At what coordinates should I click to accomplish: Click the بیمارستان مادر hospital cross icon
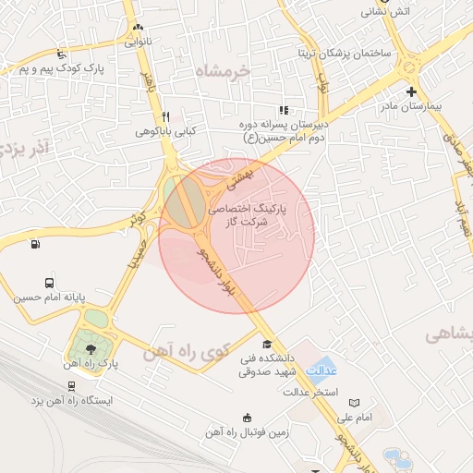pos(411,91)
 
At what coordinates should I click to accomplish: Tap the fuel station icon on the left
pos(35,245)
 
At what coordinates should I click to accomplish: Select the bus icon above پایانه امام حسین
pos(49,284)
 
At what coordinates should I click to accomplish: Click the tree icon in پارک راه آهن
pos(90,348)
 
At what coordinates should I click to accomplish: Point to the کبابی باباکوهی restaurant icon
pos(165,116)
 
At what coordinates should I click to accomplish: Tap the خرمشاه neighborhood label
pos(223,70)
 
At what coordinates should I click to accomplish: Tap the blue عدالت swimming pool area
pos(321,369)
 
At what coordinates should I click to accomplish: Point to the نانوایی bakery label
pos(136,42)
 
